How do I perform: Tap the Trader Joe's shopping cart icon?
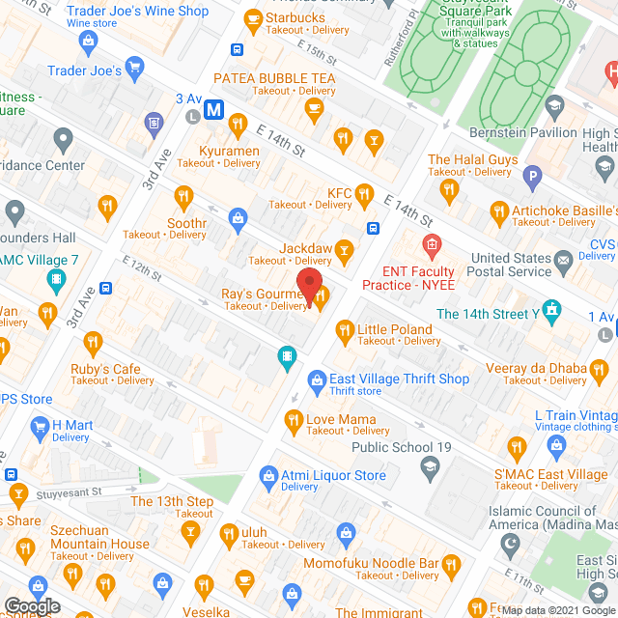[x=135, y=70]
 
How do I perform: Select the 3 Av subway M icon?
[x=213, y=110]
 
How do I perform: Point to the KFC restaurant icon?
[x=364, y=196]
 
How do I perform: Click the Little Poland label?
[x=394, y=329]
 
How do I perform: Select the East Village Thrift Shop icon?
[x=316, y=379]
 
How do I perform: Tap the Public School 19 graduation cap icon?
[x=429, y=466]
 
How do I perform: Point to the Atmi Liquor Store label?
[x=334, y=475]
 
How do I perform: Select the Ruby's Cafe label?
[x=105, y=369]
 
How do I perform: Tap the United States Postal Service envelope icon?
[x=564, y=258]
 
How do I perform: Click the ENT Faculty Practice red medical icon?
[x=431, y=244]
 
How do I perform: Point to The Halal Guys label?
[x=472, y=160]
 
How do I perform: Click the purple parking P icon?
[x=530, y=176]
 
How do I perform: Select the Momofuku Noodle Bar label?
[x=384, y=562]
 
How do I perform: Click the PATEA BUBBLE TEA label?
[x=273, y=77]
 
